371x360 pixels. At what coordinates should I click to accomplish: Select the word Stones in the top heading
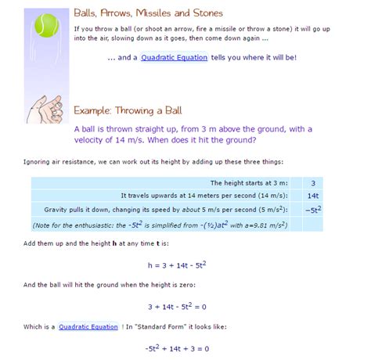[x=205, y=14]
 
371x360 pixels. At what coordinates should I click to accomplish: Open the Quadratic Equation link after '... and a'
[x=175, y=58]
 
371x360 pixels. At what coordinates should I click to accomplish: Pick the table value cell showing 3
[x=312, y=182]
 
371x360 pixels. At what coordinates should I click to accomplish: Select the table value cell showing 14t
[x=312, y=196]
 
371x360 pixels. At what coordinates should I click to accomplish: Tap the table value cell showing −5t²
[x=312, y=211]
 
